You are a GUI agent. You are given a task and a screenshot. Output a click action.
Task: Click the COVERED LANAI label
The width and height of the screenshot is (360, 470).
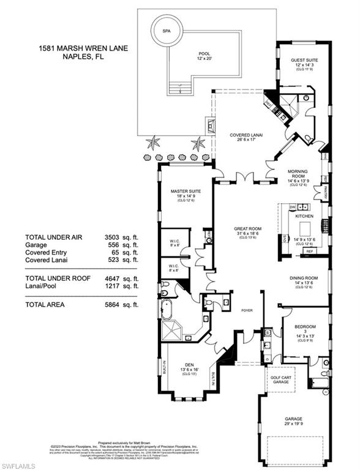(242, 138)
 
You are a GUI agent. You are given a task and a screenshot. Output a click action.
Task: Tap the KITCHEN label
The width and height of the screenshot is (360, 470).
(304, 217)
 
